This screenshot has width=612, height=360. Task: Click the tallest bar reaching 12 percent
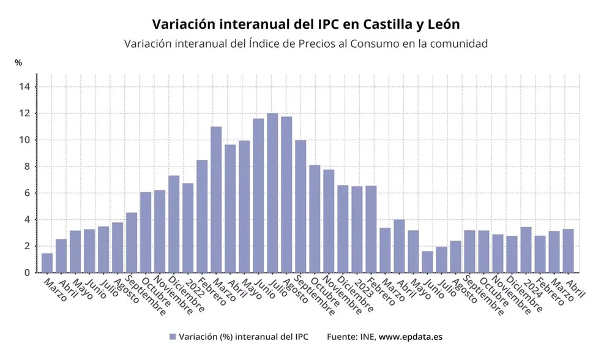click(272, 193)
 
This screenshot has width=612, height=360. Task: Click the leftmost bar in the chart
click(47, 263)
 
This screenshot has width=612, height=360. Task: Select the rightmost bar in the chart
click(568, 250)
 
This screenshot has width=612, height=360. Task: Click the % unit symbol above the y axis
click(18, 62)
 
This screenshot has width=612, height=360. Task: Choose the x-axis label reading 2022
click(193, 288)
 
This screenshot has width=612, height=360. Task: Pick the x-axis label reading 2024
click(531, 288)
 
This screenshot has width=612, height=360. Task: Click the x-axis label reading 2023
click(362, 288)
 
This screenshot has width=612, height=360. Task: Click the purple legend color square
click(173, 337)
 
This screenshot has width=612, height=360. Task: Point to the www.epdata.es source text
click(410, 337)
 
